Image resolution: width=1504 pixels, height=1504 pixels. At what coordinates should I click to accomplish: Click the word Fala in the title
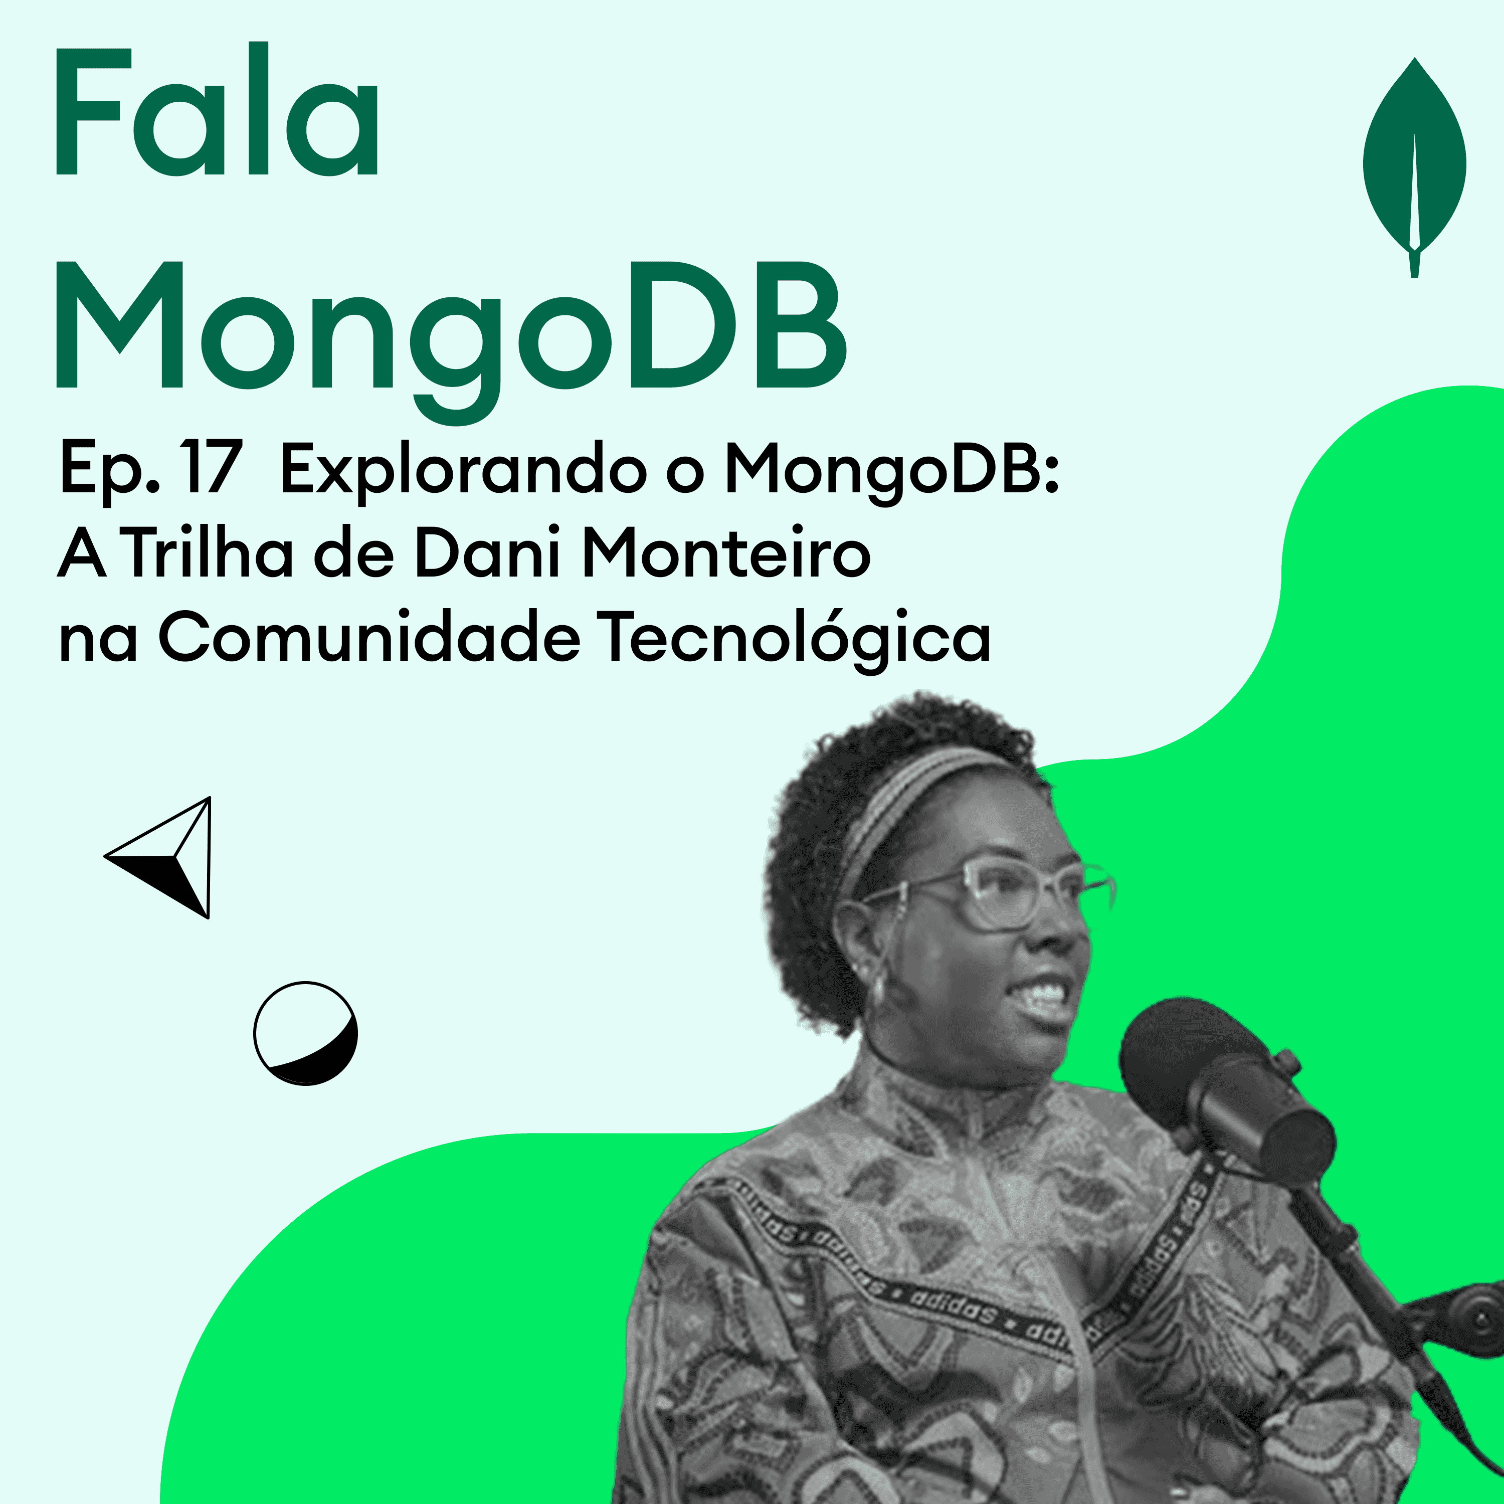(217, 113)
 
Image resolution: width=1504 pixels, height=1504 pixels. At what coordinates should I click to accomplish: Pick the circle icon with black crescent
(306, 1033)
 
